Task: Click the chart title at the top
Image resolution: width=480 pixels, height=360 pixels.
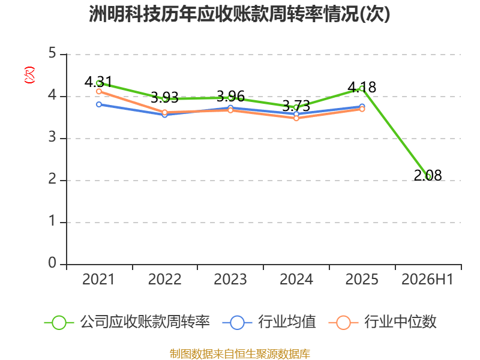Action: click(239, 14)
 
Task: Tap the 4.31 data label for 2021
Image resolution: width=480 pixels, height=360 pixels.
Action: click(98, 82)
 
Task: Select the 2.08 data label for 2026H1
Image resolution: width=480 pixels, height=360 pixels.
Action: click(428, 175)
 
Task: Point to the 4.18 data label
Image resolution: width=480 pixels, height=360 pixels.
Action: click(362, 87)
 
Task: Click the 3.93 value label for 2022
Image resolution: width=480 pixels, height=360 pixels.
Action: click(164, 98)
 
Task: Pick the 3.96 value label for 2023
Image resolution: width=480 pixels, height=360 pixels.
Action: click(230, 97)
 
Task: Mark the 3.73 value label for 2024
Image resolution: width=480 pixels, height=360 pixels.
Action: click(296, 106)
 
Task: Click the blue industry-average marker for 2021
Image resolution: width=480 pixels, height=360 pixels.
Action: click(99, 104)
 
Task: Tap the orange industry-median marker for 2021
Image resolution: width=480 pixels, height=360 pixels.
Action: click(99, 92)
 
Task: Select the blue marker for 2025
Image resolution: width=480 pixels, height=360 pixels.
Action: click(362, 107)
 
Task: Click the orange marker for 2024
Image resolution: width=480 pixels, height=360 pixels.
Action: click(296, 118)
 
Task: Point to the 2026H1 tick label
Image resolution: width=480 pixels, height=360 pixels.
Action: click(427, 279)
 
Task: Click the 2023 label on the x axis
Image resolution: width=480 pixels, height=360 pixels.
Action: click(230, 279)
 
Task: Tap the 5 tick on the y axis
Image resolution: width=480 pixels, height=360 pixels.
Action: click(52, 53)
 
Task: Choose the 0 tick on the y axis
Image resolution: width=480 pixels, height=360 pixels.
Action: click(52, 263)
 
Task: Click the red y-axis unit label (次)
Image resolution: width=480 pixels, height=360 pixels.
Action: click(29, 75)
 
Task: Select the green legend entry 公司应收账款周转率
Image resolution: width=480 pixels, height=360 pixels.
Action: click(127, 322)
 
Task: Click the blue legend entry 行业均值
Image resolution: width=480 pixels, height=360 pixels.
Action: click(269, 322)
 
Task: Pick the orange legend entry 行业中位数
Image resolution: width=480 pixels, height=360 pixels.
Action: click(382, 322)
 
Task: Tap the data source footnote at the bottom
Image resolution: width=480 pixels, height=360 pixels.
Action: click(240, 354)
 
